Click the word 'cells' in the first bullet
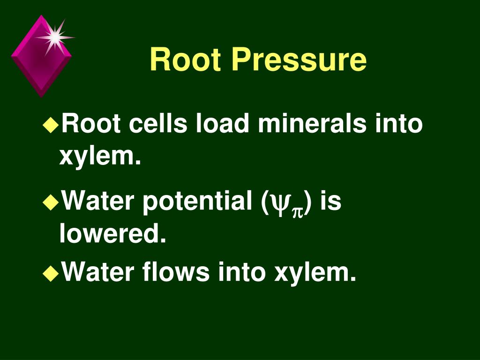click(152, 124)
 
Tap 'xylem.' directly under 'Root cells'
click(100, 156)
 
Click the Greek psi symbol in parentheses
click(281, 203)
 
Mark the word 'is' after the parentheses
click(331, 202)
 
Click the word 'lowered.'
click(112, 233)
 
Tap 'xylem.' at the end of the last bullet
click(315, 272)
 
